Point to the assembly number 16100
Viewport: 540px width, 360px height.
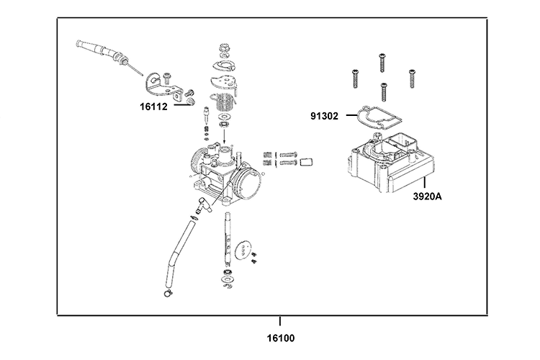coord(279,336)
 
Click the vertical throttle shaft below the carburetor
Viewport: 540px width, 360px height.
coord(228,238)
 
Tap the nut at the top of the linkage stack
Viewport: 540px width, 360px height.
coord(222,50)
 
